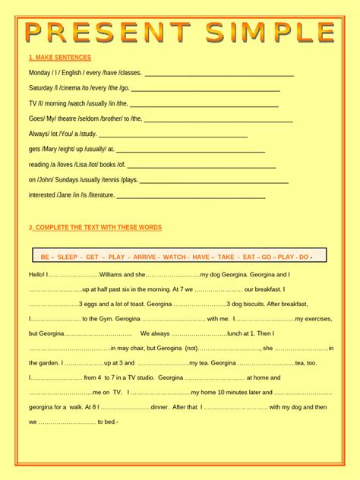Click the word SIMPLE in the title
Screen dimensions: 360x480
[x=265, y=33]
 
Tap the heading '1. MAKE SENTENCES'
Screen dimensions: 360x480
[x=60, y=58]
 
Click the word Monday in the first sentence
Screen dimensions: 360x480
[x=39, y=73]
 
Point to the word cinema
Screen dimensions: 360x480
[x=73, y=88]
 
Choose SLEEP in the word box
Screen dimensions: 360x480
[x=68, y=257]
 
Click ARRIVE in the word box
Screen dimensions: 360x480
[x=144, y=257]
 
